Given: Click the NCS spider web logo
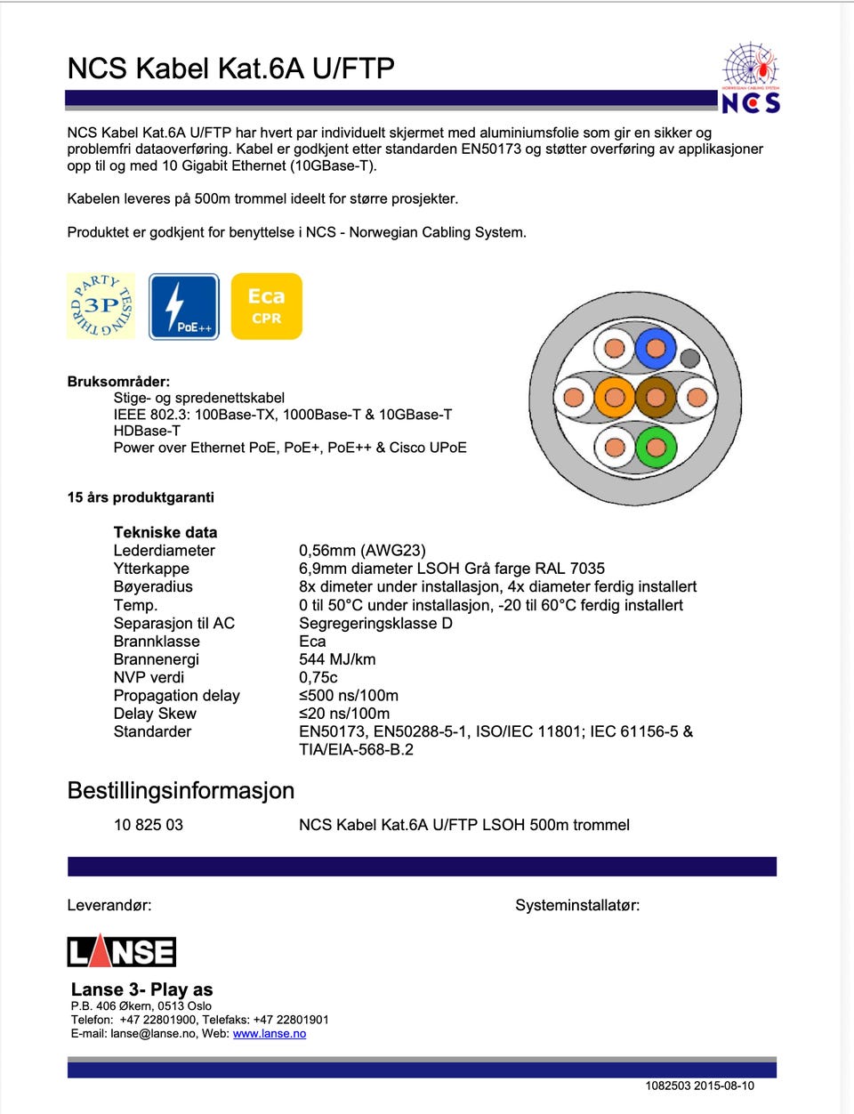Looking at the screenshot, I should click(751, 77).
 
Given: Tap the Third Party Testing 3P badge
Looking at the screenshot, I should click(101, 306).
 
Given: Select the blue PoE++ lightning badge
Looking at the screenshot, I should click(183, 306).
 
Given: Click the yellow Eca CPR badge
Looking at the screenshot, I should click(266, 306).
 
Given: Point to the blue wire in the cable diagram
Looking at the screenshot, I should click(656, 349).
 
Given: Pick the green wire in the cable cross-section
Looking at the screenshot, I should click(656, 447).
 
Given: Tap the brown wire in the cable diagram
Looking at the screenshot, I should click(656, 398).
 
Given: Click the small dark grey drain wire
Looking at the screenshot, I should click(689, 359).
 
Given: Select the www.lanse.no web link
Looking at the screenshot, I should click(269, 1034).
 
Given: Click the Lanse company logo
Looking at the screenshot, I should click(122, 951).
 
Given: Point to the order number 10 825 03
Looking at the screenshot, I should click(149, 825).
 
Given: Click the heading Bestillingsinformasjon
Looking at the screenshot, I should click(181, 790).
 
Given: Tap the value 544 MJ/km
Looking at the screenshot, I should click(337, 659).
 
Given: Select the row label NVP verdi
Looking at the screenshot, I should click(149, 677).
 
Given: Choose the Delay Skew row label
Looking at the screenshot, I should click(155, 714).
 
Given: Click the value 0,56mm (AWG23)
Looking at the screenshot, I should click(362, 551).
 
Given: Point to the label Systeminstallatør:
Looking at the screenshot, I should click(577, 906).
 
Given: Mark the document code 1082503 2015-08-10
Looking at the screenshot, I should click(699, 1086).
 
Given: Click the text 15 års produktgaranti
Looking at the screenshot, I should click(141, 497).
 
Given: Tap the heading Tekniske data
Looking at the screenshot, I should click(165, 532).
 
